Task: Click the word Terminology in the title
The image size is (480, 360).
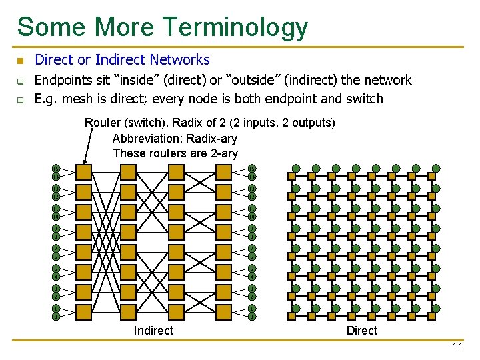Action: click(x=234, y=28)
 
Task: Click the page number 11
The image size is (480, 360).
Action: click(x=457, y=347)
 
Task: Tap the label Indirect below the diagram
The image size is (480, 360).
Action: click(x=153, y=331)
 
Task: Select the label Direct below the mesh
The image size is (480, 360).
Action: click(x=361, y=331)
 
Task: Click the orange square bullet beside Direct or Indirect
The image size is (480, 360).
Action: click(x=20, y=61)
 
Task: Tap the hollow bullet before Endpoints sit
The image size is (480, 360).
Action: click(x=20, y=81)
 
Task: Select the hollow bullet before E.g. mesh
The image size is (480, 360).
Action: click(x=20, y=100)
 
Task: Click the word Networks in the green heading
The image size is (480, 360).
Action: click(x=180, y=60)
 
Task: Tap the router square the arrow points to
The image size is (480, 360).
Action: click(x=84, y=172)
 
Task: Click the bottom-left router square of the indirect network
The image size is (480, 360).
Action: click(x=84, y=312)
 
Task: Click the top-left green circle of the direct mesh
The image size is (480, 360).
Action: click(x=296, y=168)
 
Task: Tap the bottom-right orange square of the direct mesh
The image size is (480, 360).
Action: click(x=431, y=316)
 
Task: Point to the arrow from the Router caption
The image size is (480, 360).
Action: click(x=87, y=145)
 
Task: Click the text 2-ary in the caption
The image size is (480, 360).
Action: click(x=223, y=153)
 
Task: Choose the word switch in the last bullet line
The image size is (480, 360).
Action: click(x=366, y=99)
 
